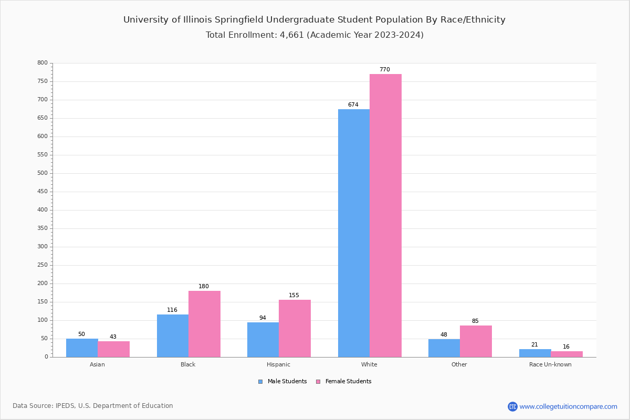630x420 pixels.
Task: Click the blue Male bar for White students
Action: tap(353, 233)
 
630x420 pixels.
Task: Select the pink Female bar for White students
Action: tap(385, 215)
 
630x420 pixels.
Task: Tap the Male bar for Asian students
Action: tap(82, 348)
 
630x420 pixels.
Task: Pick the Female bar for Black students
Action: tap(204, 324)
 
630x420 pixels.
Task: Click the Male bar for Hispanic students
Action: tap(263, 340)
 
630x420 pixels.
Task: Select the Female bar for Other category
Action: tap(476, 341)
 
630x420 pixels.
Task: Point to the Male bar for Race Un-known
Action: tap(535, 353)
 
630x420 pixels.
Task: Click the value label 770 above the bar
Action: tap(385, 70)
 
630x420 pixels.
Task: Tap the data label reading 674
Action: tap(353, 105)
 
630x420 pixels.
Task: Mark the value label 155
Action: tap(294, 296)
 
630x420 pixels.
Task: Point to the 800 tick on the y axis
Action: tap(43, 63)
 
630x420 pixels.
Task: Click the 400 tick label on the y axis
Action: tap(43, 210)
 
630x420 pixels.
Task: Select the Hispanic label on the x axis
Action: tap(278, 364)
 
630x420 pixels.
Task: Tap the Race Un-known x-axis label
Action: tap(550, 364)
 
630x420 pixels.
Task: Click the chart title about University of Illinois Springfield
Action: tap(314, 20)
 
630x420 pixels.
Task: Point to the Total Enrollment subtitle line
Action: tap(314, 35)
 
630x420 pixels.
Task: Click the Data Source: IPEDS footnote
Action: tap(93, 406)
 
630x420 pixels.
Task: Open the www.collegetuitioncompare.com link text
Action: tap(568, 406)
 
